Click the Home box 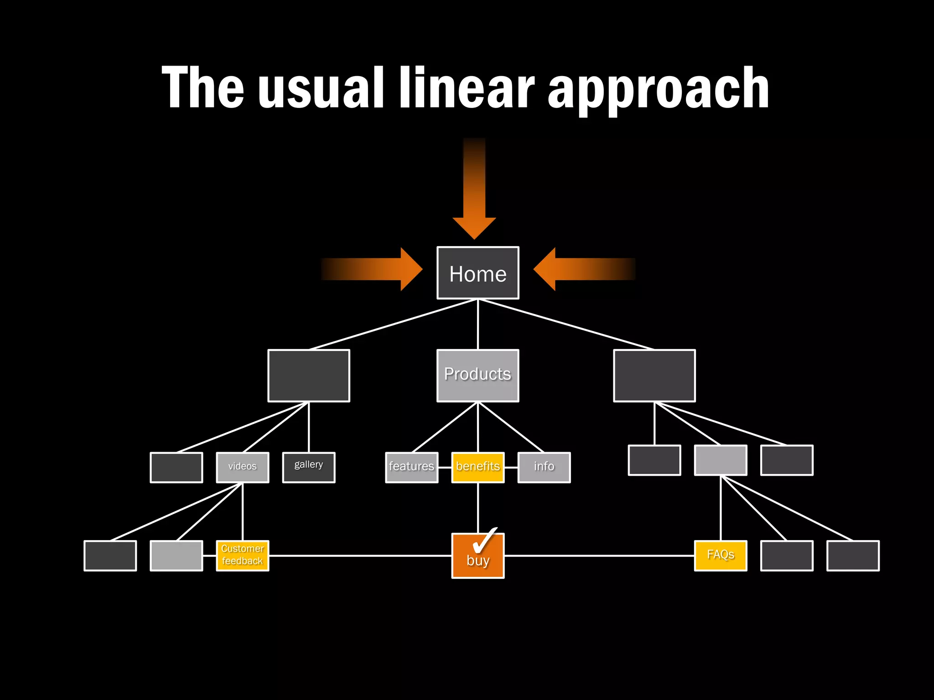(477, 273)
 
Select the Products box (477, 376)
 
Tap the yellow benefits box (477, 467)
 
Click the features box (411, 467)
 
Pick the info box (544, 467)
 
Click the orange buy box (477, 561)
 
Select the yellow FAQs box (720, 555)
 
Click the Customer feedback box (242, 555)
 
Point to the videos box (242, 467)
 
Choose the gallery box (308, 467)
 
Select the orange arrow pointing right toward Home (379, 269)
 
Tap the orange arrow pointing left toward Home (579, 269)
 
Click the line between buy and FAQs (597, 556)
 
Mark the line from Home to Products (477, 324)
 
